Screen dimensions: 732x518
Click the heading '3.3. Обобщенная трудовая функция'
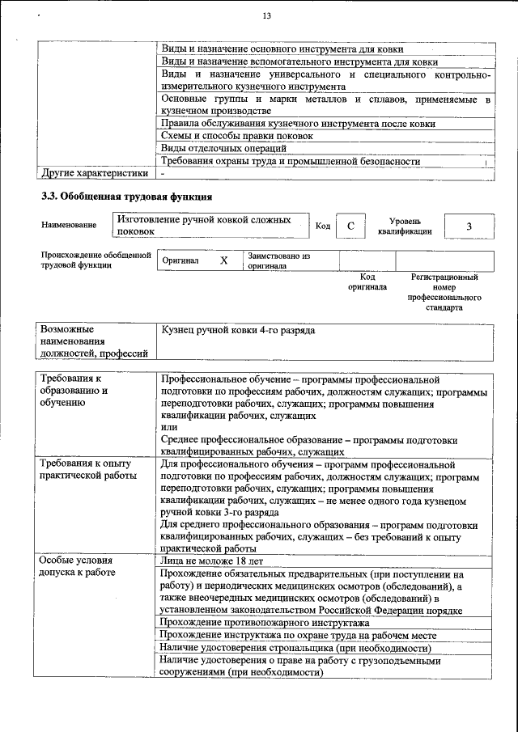[x=127, y=197]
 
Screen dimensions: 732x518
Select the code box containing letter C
[x=350, y=226]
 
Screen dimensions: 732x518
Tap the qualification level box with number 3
[x=469, y=226]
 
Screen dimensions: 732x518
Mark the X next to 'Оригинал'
[x=224, y=261]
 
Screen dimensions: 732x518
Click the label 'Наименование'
[x=69, y=226]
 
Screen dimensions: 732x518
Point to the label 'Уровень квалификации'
[x=404, y=226]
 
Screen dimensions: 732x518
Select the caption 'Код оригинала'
[x=367, y=282]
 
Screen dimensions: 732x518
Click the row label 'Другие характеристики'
[x=95, y=172]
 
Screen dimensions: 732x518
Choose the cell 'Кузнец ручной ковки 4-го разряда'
[x=237, y=331]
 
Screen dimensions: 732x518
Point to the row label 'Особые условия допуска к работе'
[x=78, y=566]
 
